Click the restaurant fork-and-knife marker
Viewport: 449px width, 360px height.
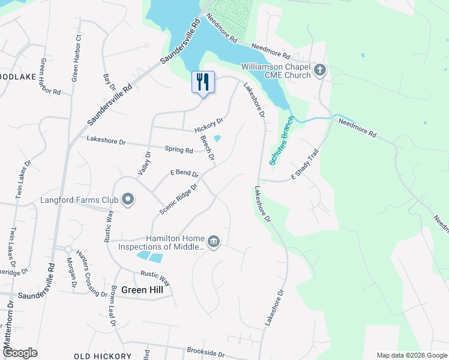click(x=202, y=82)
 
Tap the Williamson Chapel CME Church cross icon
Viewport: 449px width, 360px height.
click(x=320, y=71)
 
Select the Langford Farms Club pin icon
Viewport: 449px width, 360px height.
click(x=127, y=200)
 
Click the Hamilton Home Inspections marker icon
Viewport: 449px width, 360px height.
click(x=214, y=242)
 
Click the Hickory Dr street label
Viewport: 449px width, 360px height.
click(x=208, y=125)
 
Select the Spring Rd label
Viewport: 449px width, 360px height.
click(x=179, y=149)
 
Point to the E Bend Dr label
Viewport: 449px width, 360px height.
click(x=184, y=173)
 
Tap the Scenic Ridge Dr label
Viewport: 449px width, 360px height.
click(x=179, y=198)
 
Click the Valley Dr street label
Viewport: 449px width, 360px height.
click(x=144, y=163)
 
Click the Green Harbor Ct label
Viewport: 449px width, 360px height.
click(x=76, y=58)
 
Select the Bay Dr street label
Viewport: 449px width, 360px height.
click(x=109, y=82)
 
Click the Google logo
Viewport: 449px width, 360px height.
click(x=20, y=353)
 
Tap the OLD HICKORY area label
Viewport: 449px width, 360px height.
click(x=103, y=356)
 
